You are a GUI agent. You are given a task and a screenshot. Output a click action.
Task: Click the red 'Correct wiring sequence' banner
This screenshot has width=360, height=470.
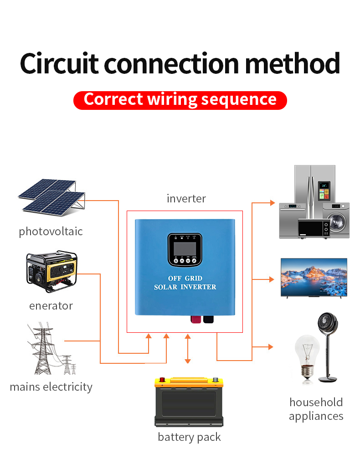pos(180,100)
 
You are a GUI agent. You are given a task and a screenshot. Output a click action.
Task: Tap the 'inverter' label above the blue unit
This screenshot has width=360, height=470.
pos(186,199)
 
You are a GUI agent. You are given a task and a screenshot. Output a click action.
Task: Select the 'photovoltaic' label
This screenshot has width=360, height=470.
pos(51,232)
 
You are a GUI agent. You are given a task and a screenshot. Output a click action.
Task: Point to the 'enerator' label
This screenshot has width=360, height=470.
pos(51,306)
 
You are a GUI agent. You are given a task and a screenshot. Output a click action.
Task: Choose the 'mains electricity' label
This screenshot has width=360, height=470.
pos(51,387)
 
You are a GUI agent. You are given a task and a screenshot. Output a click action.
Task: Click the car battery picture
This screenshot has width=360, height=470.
pos(189,402)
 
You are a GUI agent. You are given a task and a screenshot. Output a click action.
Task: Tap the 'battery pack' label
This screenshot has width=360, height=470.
pos(189,437)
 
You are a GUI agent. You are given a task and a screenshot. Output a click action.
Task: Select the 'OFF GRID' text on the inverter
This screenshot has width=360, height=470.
pos(185,278)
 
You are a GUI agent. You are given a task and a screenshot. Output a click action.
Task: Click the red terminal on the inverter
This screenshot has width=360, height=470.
pos(195,319)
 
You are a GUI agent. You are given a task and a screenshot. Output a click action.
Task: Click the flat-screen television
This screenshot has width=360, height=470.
pos(314,278)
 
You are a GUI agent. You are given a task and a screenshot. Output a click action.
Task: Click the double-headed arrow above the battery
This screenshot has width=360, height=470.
pos(188,349)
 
